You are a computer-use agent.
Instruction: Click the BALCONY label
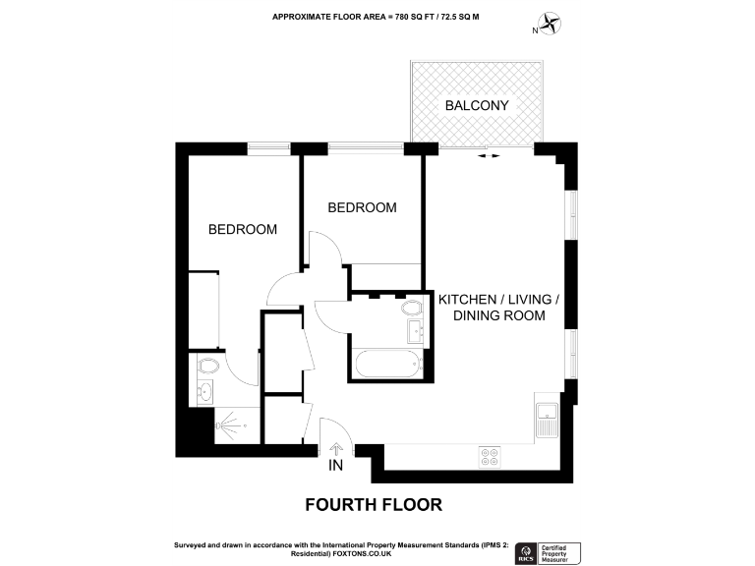point(477,105)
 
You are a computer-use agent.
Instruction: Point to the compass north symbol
point(549,23)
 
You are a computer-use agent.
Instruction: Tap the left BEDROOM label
point(242,229)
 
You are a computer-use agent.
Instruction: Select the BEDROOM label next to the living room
point(362,207)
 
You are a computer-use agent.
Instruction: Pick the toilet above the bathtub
point(410,308)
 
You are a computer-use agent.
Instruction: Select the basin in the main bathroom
point(414,330)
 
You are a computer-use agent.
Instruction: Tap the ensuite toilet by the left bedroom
point(206,367)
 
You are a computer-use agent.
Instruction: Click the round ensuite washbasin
point(204,392)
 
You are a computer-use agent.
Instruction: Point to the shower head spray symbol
point(228,426)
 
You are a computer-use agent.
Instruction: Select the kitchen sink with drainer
point(546,416)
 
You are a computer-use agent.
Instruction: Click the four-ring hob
point(490,456)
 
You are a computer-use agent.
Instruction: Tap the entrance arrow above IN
point(336,447)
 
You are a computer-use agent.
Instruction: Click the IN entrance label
point(336,465)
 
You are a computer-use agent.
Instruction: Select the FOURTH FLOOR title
point(374,505)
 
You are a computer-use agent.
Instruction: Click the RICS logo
point(525,553)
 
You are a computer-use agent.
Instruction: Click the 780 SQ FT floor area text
point(417,17)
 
